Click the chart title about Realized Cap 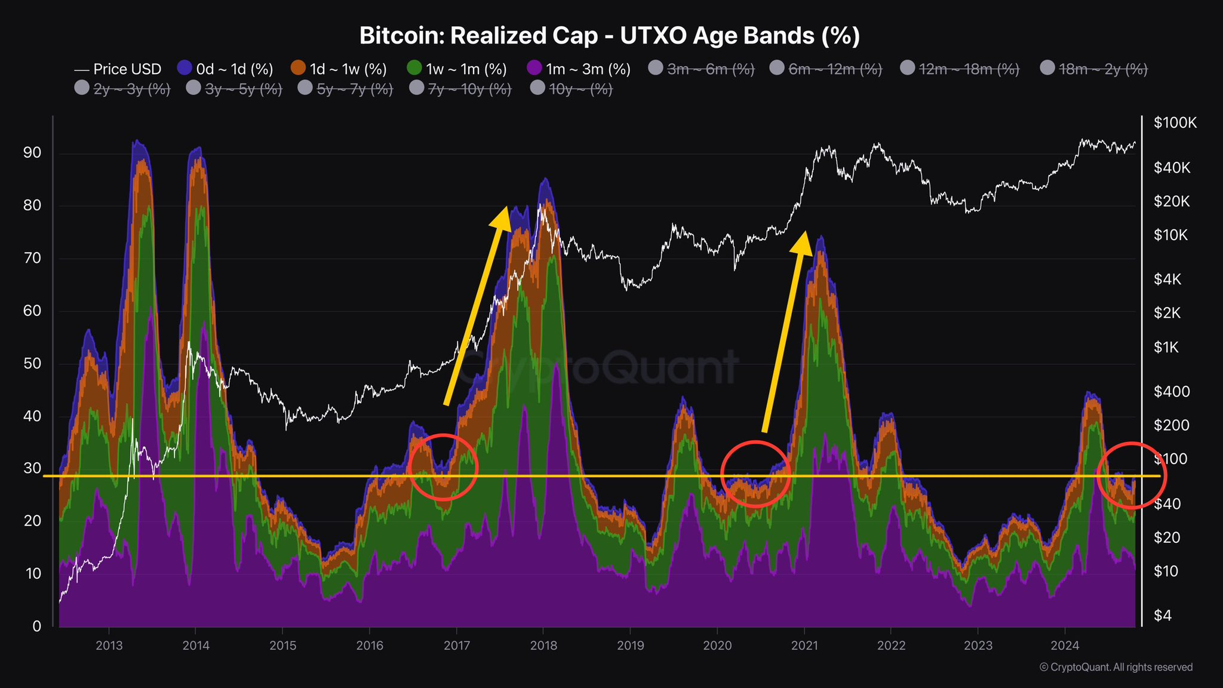[610, 36]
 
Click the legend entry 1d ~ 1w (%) [339, 69]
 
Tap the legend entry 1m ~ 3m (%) [579, 69]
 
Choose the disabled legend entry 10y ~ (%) [571, 89]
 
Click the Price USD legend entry [118, 69]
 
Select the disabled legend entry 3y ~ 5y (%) [234, 89]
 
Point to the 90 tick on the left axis [32, 153]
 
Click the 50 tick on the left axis [32, 364]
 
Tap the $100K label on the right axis [1175, 123]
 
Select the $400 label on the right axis [1172, 392]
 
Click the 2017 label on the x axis [457, 646]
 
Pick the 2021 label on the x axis [804, 646]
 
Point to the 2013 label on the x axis [109, 646]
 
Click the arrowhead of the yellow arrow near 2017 [502, 217]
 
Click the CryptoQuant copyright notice [1116, 667]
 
